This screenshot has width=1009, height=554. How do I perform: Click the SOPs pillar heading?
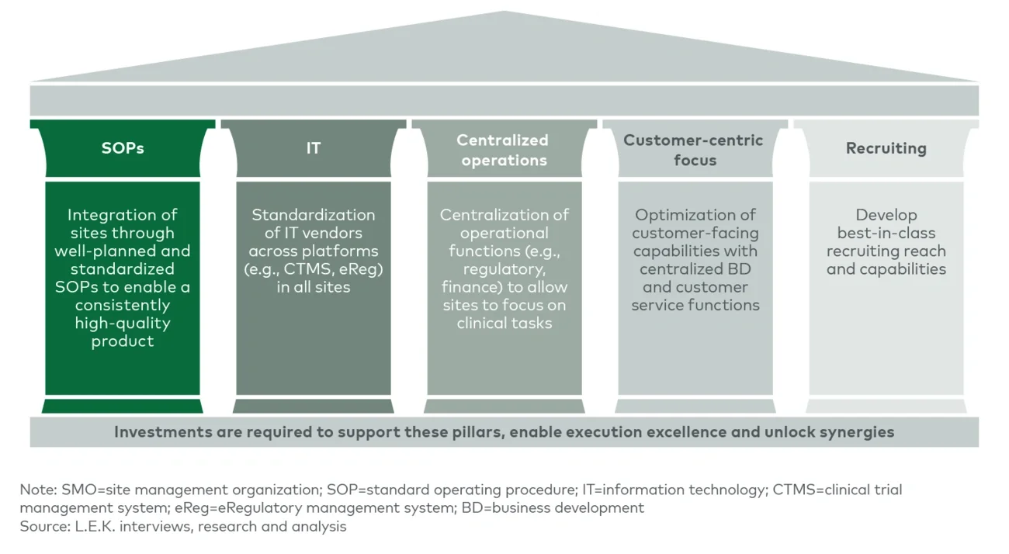coord(123,148)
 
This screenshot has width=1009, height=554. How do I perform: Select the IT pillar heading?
coord(313,148)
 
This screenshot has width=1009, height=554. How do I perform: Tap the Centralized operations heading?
coord(502,151)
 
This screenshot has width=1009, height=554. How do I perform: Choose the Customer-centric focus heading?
coord(693,151)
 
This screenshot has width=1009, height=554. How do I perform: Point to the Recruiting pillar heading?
coord(886,148)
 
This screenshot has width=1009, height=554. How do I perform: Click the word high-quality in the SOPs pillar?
coord(122,324)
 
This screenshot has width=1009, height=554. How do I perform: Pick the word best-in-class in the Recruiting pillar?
coord(886,234)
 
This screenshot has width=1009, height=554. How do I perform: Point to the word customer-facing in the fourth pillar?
coord(695,234)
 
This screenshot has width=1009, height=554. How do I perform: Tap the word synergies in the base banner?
coord(858,432)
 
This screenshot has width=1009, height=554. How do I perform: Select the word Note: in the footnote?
coord(36,490)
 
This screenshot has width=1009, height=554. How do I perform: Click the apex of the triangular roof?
coord(504,12)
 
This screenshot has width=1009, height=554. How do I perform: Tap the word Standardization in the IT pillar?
coord(313,215)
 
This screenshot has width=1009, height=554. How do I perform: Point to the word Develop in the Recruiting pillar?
coord(886,215)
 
